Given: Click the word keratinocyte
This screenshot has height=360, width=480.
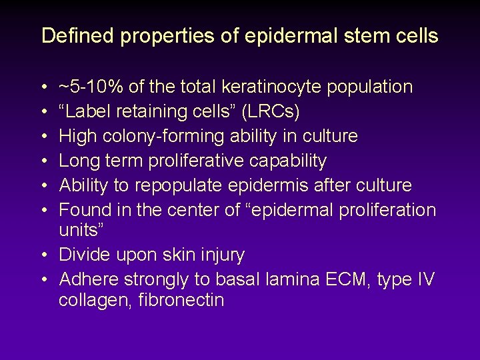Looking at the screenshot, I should pyautogui.click(x=278, y=87).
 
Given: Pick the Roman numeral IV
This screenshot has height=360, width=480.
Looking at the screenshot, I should pyautogui.click(x=425, y=279).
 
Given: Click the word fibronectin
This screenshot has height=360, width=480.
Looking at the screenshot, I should pyautogui.click(x=181, y=300).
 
